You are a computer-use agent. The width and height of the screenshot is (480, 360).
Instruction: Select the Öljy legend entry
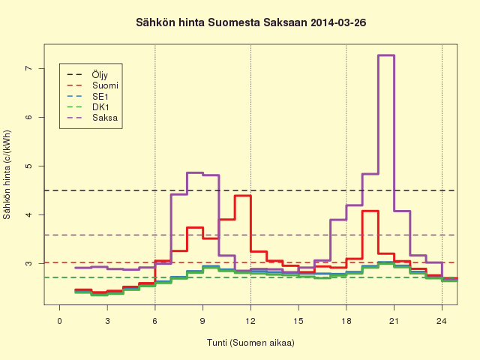[88, 75]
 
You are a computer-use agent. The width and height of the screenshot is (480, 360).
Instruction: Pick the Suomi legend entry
[92, 85]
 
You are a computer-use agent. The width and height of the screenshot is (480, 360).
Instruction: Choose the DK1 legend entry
[88, 107]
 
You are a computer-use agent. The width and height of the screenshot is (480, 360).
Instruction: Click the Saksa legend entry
[92, 118]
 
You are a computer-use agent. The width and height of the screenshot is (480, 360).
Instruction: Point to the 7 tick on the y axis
[28, 68]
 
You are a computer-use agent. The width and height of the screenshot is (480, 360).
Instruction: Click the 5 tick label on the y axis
[28, 166]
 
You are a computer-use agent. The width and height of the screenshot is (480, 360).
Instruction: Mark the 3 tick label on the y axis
[28, 263]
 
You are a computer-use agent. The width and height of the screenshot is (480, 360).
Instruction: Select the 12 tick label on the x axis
[250, 321]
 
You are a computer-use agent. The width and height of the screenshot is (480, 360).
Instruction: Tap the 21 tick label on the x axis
[394, 321]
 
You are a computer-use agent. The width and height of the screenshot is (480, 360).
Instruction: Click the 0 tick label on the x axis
[60, 321]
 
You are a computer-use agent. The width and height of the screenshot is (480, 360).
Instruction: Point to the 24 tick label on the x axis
[442, 321]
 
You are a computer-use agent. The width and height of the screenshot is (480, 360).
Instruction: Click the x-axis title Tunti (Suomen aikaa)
[250, 343]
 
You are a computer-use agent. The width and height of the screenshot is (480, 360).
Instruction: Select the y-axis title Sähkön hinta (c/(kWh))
[7, 175]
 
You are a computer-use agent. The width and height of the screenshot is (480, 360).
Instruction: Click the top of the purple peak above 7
[386, 55]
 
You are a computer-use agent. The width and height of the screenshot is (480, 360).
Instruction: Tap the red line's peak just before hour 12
[243, 196]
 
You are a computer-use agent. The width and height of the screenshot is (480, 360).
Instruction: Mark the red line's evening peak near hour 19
[370, 211]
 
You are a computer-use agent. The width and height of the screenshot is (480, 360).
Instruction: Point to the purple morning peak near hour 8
[195, 172]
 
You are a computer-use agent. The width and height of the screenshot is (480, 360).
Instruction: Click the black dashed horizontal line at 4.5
[250, 190]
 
